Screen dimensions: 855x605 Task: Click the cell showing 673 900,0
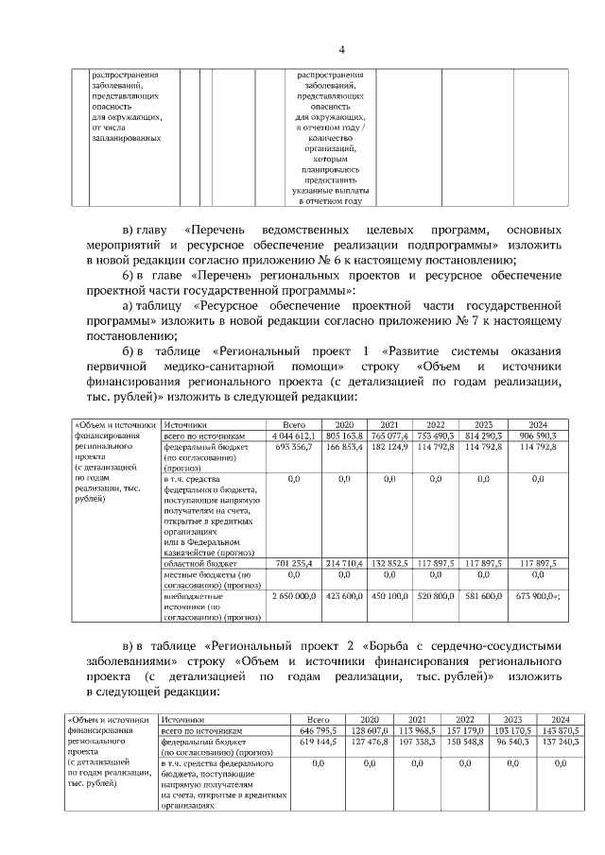(536, 596)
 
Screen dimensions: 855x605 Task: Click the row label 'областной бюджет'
(192, 562)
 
